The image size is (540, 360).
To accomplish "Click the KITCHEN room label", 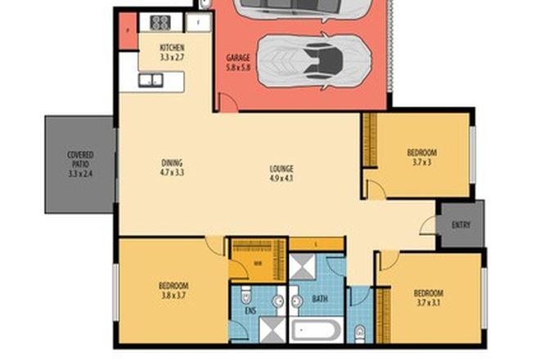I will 171,48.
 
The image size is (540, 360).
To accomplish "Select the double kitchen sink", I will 151,80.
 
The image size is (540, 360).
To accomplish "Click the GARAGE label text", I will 237,59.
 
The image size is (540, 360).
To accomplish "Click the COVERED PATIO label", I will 80,164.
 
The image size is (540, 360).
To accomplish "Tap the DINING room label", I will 172,162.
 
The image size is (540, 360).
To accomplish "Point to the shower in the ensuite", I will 269,331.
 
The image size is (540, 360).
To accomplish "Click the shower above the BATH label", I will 303,268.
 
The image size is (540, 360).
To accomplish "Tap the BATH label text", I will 319,299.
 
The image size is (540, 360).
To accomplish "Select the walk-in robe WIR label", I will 256,263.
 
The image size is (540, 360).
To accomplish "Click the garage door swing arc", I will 227,101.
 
